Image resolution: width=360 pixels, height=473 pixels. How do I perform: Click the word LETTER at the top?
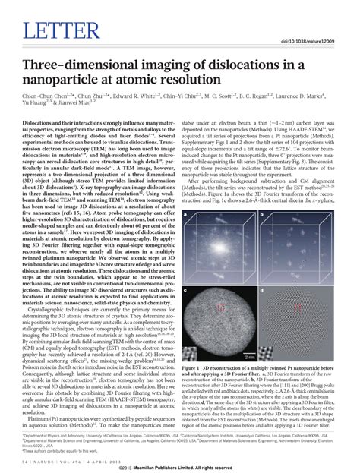pos(52,31)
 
